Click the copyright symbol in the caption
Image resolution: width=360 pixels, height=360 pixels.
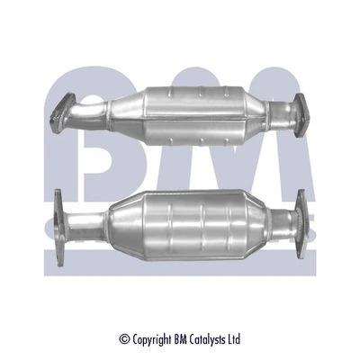(x=125, y=339)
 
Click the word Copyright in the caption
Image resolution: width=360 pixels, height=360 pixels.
(x=152, y=340)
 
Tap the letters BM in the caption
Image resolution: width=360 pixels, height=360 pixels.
(x=181, y=339)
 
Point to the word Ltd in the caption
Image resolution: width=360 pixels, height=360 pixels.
(x=235, y=339)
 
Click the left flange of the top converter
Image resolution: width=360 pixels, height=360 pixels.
(x=62, y=113)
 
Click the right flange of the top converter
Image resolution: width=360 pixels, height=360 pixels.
(x=301, y=115)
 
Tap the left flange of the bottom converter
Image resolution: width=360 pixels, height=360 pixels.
(x=59, y=228)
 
